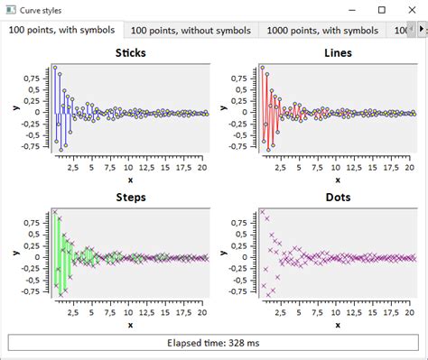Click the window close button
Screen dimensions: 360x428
(412, 9)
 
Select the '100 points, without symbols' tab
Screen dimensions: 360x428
(191, 30)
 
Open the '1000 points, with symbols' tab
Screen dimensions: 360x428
(322, 30)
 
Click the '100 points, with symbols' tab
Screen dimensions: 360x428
(62, 30)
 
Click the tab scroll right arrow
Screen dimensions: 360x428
(422, 30)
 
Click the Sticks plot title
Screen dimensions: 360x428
(130, 52)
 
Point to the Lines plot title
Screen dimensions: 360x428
(338, 52)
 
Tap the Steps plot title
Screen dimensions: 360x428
(130, 197)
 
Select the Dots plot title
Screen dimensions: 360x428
(338, 197)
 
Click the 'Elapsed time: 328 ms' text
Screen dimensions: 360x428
(214, 343)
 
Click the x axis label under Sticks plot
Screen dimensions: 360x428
(130, 180)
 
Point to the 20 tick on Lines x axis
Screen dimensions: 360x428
(410, 167)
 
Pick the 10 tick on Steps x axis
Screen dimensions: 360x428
(129, 311)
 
